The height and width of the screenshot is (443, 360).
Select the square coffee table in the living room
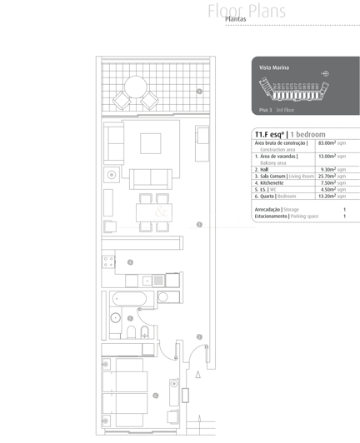pyautogui.click(x=150, y=143)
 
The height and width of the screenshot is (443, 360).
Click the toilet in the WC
pyautogui.click(x=144, y=334)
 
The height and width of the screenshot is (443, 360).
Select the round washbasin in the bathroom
pyautogui.click(x=116, y=317)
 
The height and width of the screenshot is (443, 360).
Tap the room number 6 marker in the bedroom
pyautogui.click(x=156, y=396)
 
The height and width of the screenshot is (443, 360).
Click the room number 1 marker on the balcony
pyautogui.click(x=199, y=91)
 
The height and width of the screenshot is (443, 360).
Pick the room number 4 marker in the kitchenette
pyautogui.click(x=131, y=261)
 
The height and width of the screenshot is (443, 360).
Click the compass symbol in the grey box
pyautogui.click(x=325, y=73)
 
